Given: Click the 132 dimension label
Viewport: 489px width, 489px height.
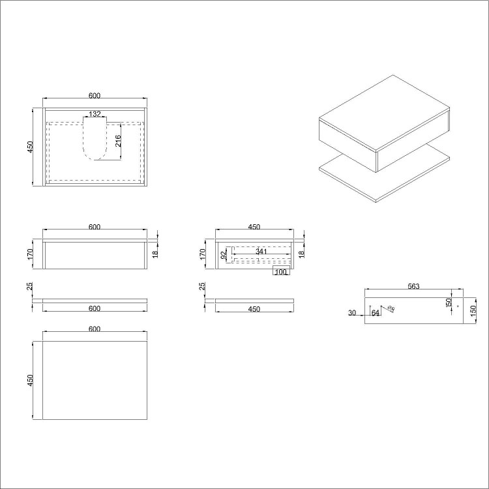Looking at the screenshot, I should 95,114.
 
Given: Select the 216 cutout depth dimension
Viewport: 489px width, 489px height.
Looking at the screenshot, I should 118,141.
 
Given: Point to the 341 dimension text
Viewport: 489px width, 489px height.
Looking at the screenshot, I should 261,252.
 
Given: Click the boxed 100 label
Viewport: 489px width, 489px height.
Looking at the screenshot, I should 280,272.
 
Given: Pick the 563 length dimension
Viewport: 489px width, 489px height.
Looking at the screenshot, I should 413,286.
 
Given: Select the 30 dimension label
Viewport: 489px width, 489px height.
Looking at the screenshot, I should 352,313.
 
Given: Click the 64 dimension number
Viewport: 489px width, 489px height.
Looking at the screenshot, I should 375,313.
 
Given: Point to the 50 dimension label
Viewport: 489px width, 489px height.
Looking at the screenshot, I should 449,303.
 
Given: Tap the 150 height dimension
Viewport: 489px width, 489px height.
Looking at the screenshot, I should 473,310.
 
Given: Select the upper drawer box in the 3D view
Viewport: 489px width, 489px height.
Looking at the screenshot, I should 385,124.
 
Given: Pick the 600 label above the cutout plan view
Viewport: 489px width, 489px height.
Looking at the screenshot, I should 95,95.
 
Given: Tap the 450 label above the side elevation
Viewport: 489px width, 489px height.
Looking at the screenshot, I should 254,227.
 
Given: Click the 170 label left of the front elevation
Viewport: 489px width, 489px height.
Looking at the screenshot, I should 30,253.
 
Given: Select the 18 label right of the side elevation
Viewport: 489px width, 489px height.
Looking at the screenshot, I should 301,253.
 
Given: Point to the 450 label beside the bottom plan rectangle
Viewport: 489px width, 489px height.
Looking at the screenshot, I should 30,380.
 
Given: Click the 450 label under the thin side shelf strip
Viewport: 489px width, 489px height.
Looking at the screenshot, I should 254,309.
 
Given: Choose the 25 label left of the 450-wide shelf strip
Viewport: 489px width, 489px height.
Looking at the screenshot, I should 203,286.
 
